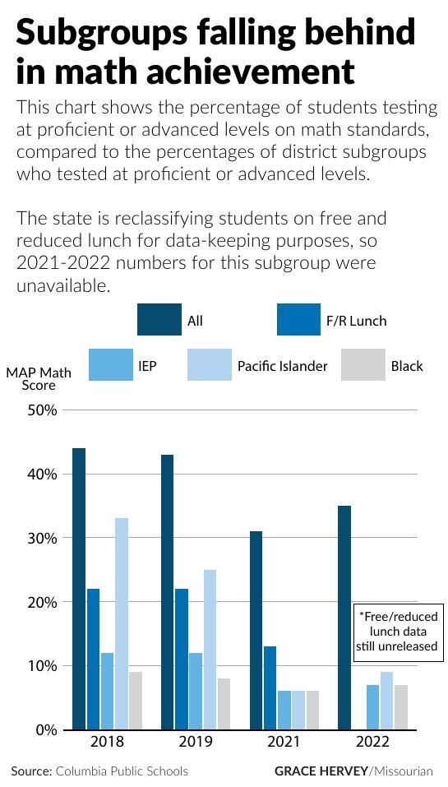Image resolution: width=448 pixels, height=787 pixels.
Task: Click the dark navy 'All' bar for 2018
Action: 79,589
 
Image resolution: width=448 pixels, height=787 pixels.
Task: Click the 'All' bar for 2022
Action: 344,618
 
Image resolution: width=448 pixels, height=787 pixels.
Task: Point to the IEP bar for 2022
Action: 372,707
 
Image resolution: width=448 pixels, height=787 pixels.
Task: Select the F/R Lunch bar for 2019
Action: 182,659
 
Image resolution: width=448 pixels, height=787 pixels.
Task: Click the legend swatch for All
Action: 159,320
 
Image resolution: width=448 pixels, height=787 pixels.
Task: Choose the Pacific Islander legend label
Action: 282,366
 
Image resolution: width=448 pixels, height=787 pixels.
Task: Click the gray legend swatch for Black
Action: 363,365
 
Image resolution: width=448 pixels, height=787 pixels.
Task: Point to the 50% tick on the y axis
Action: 43,410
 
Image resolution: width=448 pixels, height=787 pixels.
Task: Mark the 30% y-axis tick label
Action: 43,538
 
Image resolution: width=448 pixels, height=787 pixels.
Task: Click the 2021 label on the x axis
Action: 284,742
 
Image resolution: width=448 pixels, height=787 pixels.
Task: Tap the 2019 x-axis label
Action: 196,742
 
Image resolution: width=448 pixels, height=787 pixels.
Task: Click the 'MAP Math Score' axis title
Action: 39,378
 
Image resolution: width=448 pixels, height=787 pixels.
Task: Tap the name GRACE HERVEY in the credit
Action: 321,771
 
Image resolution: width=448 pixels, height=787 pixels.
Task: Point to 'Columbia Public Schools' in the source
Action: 122,771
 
